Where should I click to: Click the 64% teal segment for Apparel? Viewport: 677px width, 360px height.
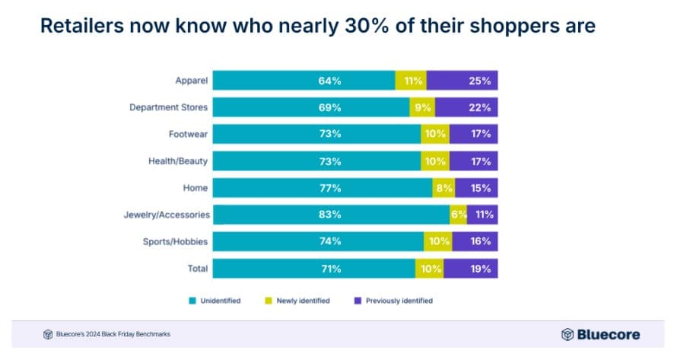tap(304, 80)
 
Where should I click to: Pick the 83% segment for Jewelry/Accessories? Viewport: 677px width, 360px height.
tap(331, 215)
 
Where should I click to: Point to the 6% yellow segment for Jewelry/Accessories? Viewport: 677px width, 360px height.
tap(458, 215)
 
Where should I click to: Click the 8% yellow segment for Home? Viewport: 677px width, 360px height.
tap(443, 188)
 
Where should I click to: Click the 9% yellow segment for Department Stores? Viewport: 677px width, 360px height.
tap(422, 107)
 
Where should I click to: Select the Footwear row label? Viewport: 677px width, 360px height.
tap(188, 134)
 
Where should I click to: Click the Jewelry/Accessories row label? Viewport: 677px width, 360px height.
tap(167, 215)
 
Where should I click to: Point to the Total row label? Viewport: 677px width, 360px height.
tap(196, 269)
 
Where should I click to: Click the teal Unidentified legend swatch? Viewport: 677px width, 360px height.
tap(192, 301)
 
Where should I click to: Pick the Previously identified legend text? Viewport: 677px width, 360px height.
tap(399, 301)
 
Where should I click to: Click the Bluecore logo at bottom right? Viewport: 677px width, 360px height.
tap(600, 334)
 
